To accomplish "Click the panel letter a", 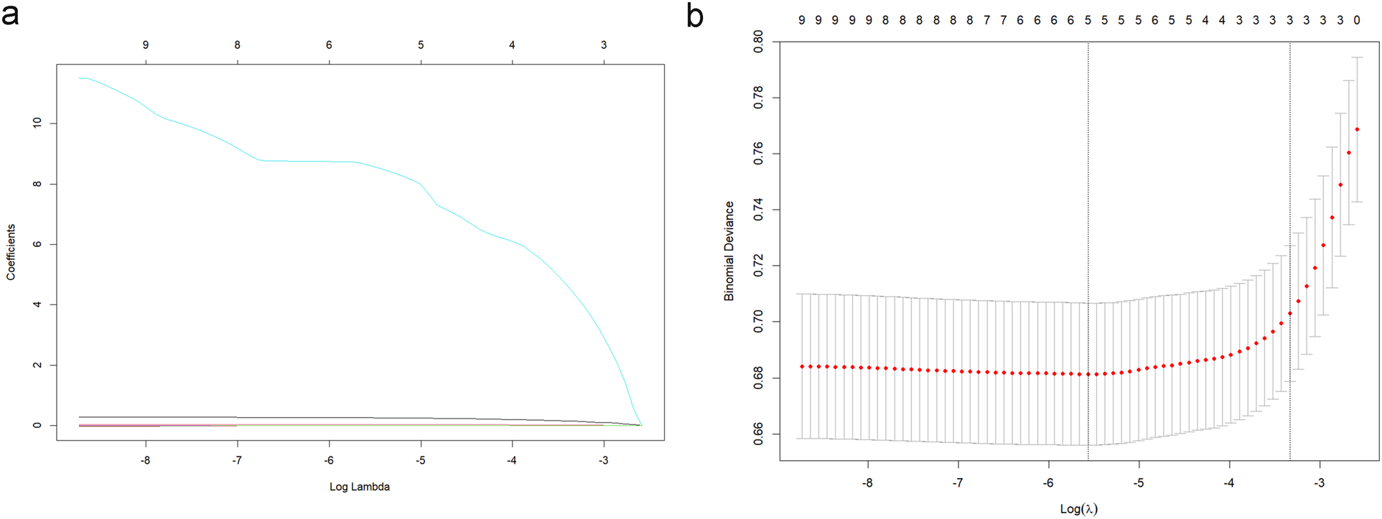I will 10,14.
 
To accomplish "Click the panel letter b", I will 694,16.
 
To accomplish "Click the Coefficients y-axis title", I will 11,252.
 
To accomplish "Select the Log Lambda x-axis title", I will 359,487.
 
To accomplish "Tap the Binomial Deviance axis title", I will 729,251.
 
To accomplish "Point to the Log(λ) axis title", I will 1078,509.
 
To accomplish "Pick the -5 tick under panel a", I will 421,460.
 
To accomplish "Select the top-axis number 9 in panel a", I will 146,45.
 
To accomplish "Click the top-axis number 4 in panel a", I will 512,45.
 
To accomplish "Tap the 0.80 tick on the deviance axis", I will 759,42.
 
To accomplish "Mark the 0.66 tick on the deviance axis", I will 759,434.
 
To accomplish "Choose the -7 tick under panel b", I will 958,483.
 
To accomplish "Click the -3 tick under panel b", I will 1320,483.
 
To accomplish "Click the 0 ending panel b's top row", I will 1357,20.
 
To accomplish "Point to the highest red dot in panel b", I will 1357,129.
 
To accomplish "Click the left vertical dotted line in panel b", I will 1088,251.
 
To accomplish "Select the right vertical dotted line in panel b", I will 1290,251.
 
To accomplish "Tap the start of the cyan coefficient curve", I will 80,78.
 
